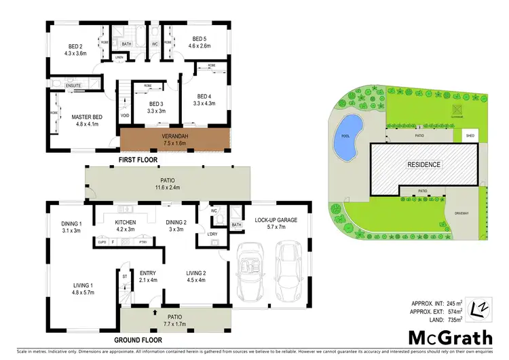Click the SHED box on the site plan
[470, 136]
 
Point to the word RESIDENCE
[424, 165]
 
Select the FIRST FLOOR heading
[138, 160]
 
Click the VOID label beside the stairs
[125, 115]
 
